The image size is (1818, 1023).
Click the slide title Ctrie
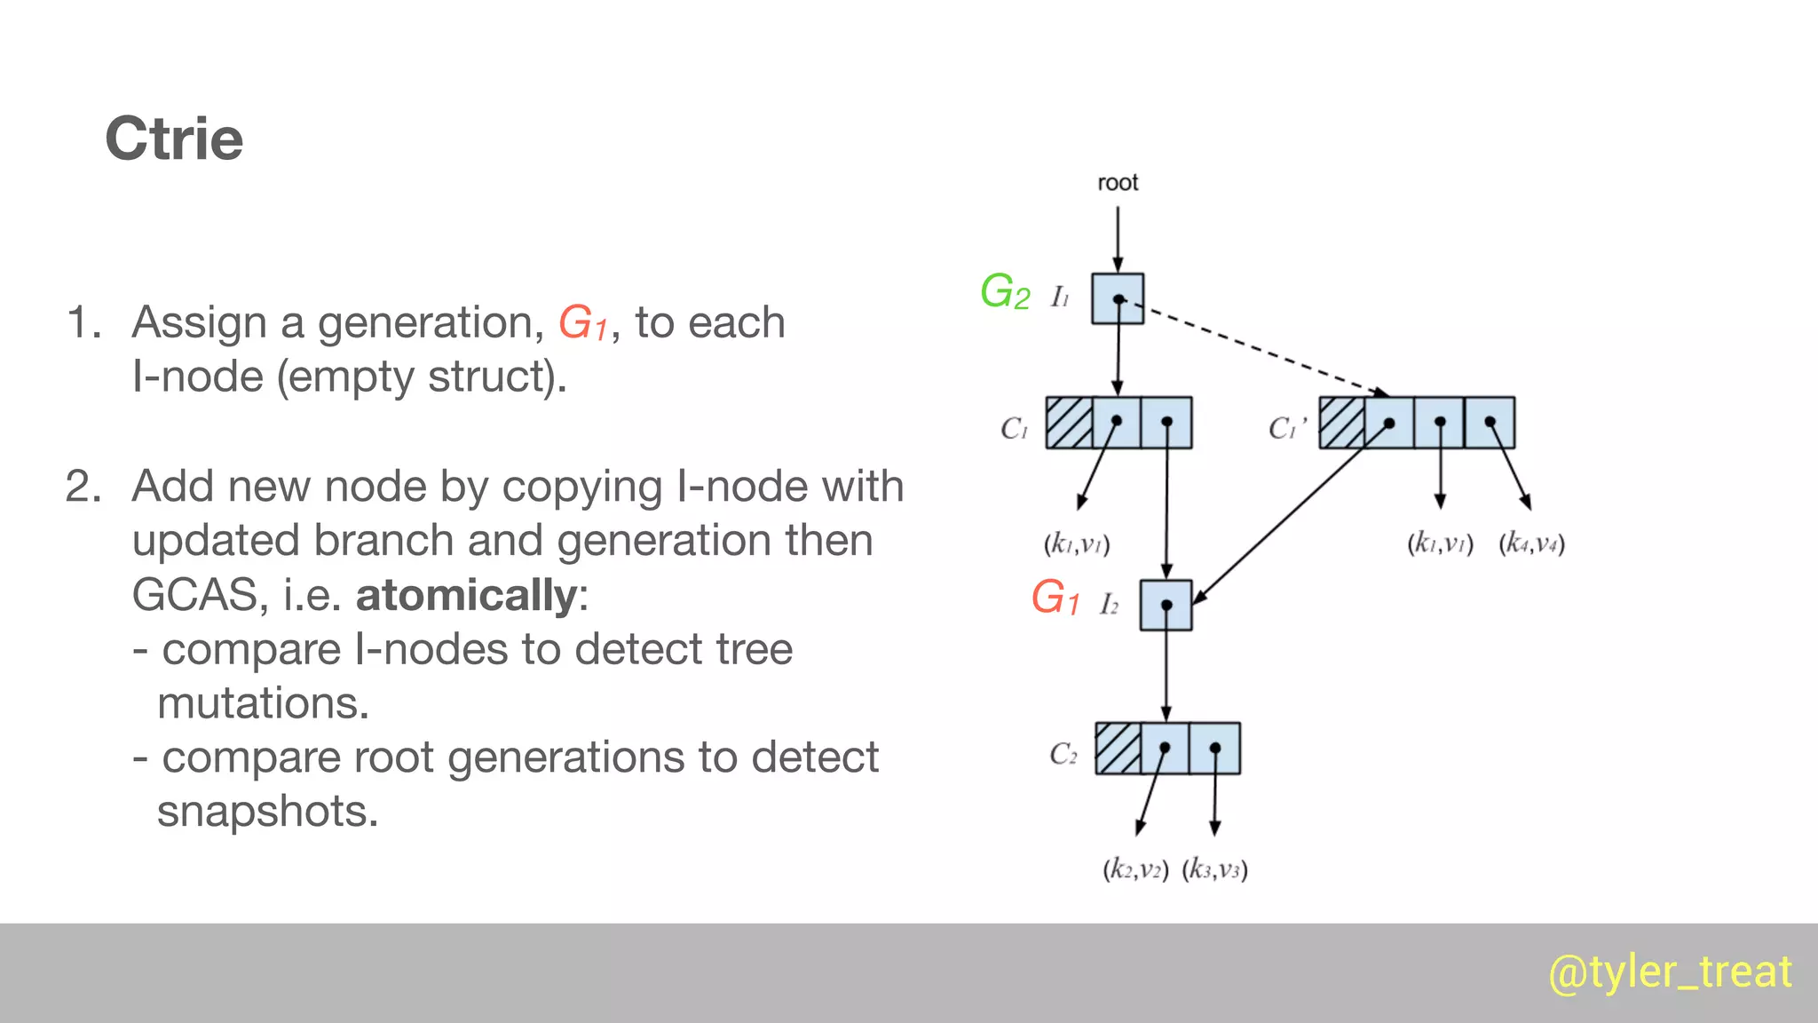(x=174, y=139)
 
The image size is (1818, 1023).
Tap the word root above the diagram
(x=1118, y=183)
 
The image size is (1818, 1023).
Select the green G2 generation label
(x=1005, y=292)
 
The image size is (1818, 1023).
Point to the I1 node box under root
(x=1118, y=298)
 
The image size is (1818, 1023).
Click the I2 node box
(x=1166, y=605)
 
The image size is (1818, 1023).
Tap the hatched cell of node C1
(x=1069, y=423)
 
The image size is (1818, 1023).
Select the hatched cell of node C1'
(x=1341, y=423)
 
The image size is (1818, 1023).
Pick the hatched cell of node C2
(x=1118, y=749)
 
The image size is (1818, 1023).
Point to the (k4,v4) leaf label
(x=1531, y=543)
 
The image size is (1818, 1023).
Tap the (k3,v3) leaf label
(x=1214, y=869)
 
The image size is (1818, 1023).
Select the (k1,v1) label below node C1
(x=1077, y=543)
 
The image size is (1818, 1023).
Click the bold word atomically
(x=467, y=595)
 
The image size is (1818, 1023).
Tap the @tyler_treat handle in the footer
(x=1670, y=971)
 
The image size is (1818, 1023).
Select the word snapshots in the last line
(x=267, y=811)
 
